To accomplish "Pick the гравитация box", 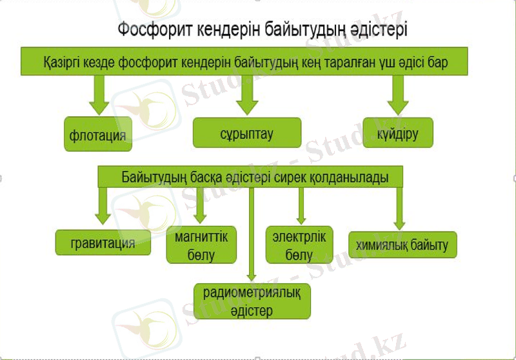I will tap(103, 243).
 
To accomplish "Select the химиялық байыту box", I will tap(402, 245).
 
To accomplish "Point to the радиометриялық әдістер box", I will tap(252, 301).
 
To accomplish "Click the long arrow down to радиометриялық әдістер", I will tap(252, 232).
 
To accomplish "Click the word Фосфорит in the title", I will tap(150, 30).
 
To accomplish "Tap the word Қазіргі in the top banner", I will tap(62, 63).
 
